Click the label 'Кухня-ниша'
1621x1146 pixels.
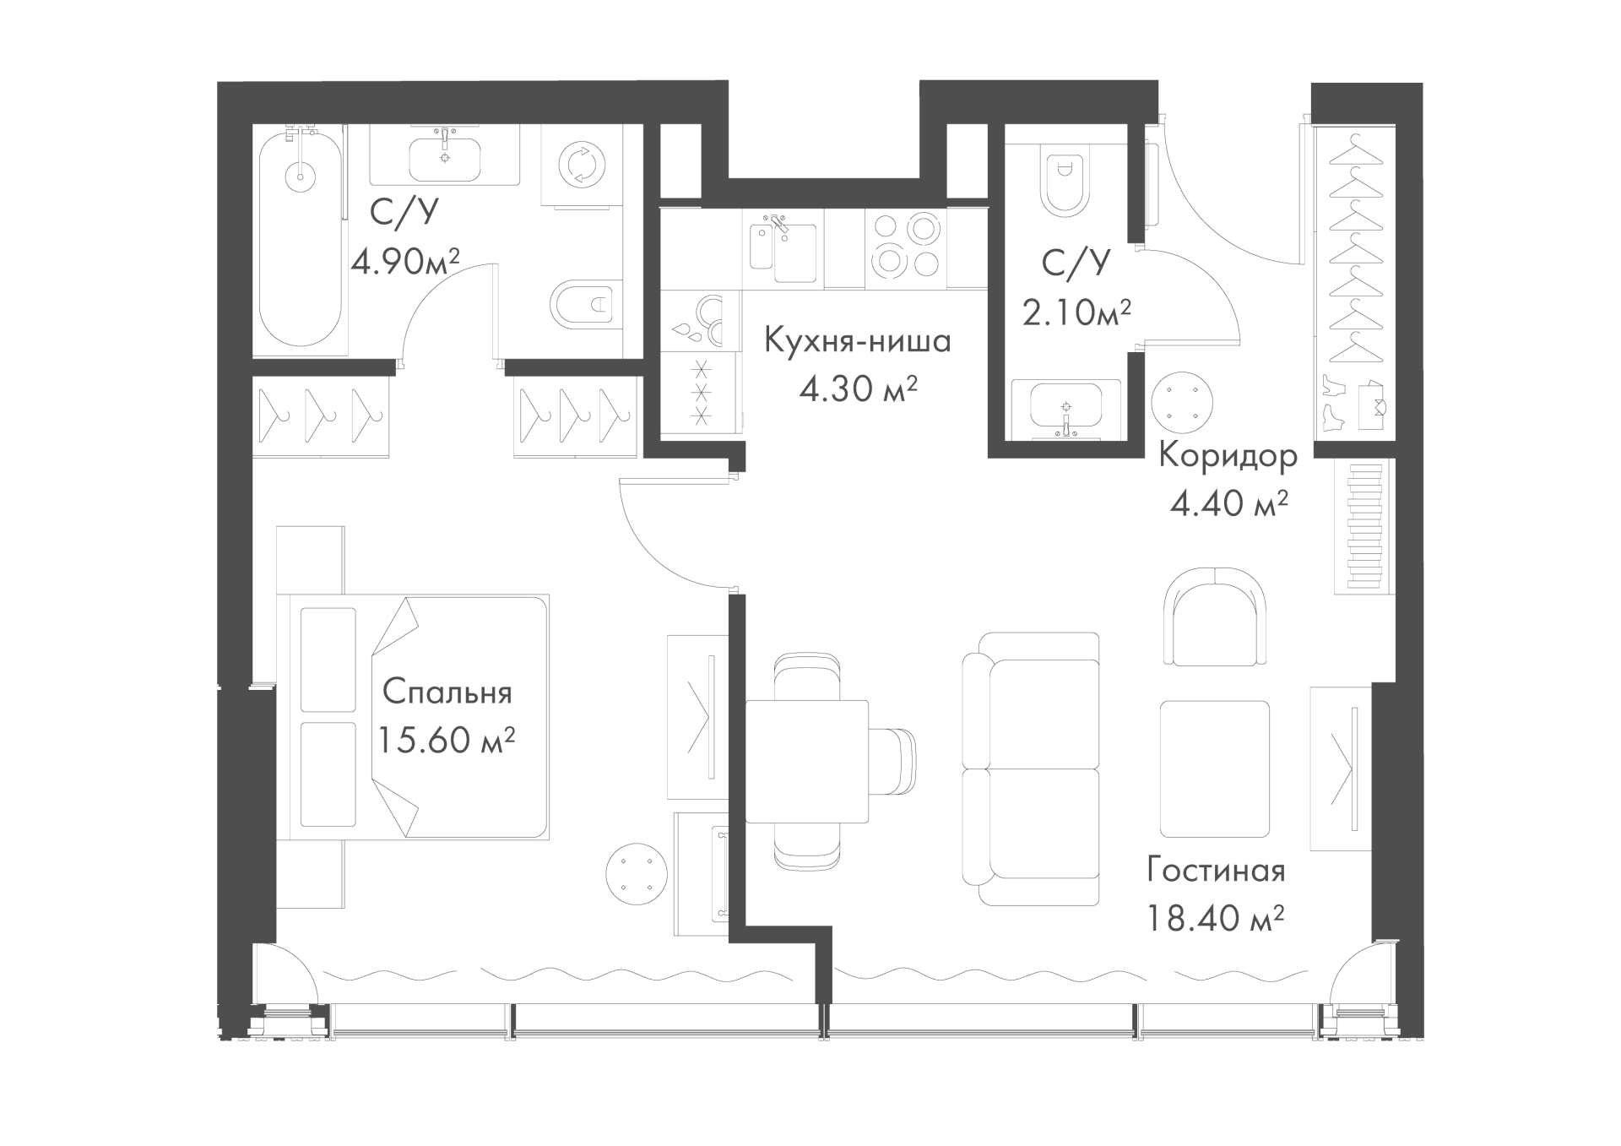pyautogui.click(x=858, y=342)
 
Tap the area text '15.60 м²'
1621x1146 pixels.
pyautogui.click(x=446, y=741)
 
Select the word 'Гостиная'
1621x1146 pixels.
pyautogui.click(x=1216, y=871)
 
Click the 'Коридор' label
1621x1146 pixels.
pyautogui.click(x=1228, y=457)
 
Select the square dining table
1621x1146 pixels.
pyautogui.click(x=807, y=761)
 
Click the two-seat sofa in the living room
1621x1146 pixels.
pyautogui.click(x=1031, y=769)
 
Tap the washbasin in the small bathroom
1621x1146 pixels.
pyautogui.click(x=1066, y=410)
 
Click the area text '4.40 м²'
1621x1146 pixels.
pyautogui.click(x=1228, y=504)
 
